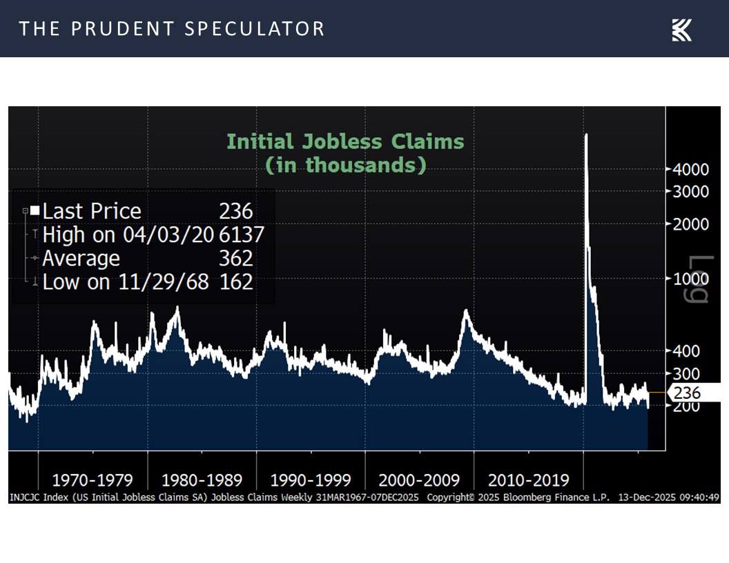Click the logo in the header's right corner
coord(681,30)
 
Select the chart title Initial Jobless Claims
coord(345,142)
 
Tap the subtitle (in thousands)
coord(345,166)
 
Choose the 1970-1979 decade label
coord(93,480)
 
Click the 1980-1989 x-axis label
coord(202,480)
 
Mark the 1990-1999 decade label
coord(311,480)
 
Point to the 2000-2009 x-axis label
coord(420,480)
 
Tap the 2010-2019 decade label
coord(529,480)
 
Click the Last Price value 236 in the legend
coord(236,211)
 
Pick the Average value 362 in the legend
coord(236,259)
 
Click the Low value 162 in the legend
coord(236,282)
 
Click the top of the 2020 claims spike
coord(586,135)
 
